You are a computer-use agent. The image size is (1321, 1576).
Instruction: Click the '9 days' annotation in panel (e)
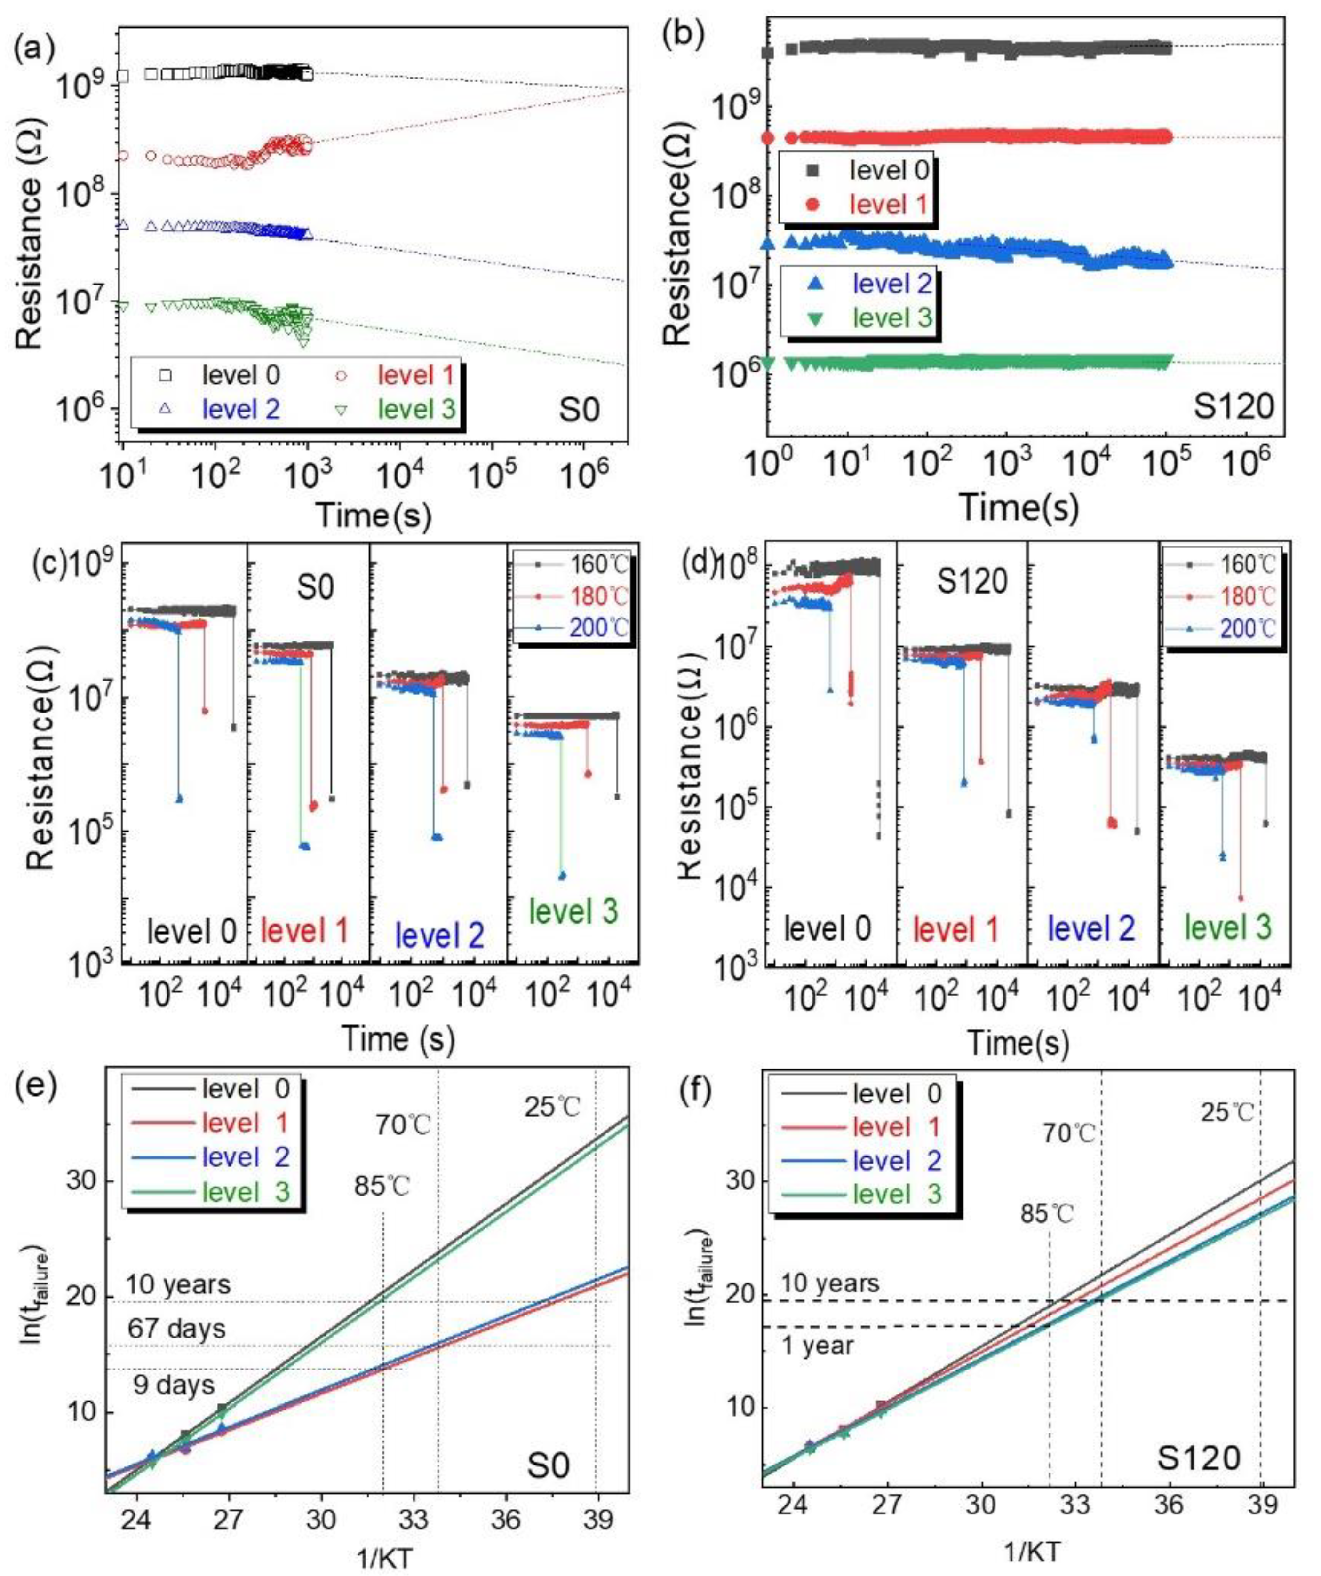click(174, 1385)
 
